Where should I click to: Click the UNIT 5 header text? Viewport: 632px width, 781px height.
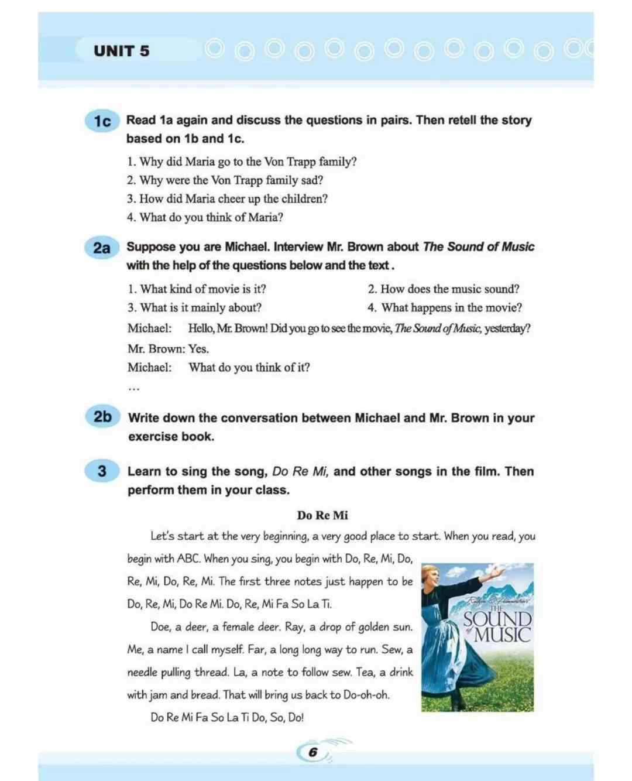121,51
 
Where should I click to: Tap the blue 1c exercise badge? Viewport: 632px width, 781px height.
102,121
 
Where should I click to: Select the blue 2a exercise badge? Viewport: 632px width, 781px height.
102,248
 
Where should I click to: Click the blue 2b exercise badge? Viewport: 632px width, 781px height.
102,417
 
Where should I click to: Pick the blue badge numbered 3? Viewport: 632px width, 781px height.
102,471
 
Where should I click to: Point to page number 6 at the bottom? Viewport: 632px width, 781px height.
313,752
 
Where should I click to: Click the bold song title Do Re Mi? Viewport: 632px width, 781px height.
322,515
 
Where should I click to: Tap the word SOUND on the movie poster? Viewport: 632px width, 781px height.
498,619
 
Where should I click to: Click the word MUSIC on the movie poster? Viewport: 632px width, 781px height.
502,635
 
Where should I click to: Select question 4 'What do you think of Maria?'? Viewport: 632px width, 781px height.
205,217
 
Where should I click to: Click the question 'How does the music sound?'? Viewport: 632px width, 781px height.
444,289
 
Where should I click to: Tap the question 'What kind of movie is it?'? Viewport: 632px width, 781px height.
197,289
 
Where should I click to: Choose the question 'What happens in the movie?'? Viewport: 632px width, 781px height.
445,307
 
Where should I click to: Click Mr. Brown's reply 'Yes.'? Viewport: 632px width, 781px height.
198,349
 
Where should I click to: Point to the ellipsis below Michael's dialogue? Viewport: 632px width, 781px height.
134,388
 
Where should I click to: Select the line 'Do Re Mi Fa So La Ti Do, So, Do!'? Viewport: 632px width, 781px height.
227,717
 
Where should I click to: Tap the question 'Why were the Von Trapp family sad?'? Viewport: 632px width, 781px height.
225,180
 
